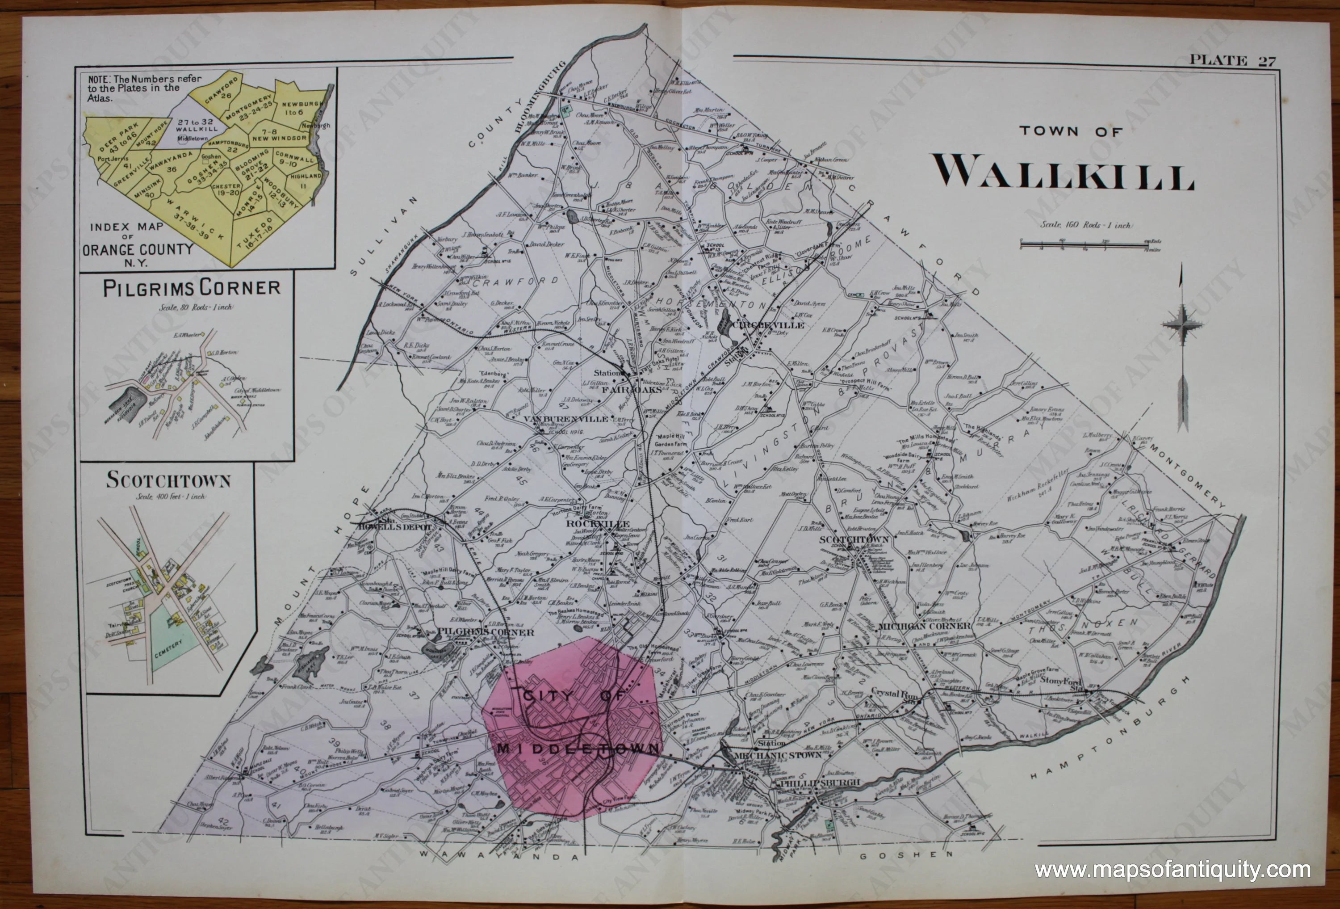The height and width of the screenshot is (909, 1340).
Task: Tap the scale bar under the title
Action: pos(1090,246)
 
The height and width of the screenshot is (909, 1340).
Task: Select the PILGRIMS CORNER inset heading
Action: pos(192,288)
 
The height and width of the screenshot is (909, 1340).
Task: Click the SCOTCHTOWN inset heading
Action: pos(168,481)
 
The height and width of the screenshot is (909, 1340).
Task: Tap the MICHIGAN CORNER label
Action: pos(923,626)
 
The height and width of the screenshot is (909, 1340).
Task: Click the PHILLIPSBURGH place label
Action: pos(819,783)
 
